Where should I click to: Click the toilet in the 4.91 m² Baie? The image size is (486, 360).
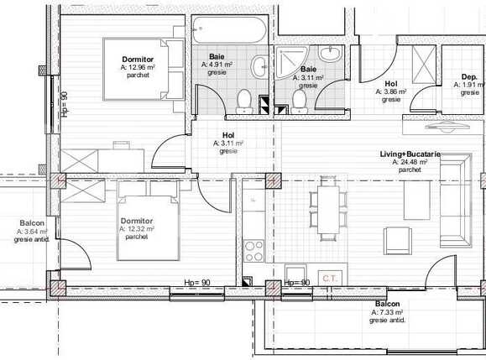tap(244, 100)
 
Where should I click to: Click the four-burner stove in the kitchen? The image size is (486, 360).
tap(253, 250)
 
